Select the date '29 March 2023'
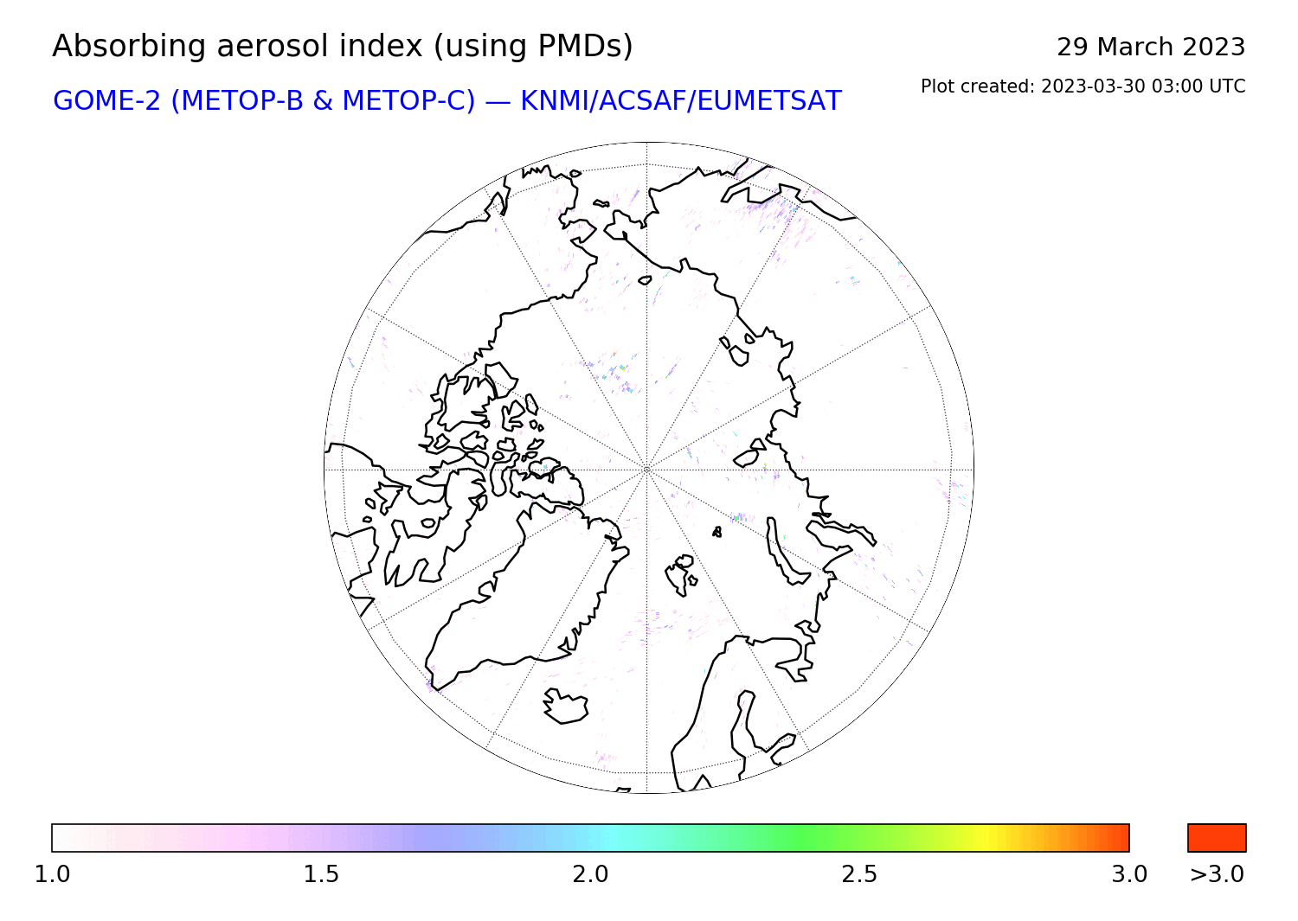tap(1151, 47)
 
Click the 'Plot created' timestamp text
tap(1083, 86)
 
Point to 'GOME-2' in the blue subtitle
tap(106, 101)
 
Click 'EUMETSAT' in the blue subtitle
tap(769, 101)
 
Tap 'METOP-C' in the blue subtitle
tap(408, 101)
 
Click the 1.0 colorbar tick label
tap(52, 874)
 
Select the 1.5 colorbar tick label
tap(321, 874)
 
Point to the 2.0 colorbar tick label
tap(590, 874)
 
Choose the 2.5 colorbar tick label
tap(859, 874)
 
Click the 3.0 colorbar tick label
tap(1128, 874)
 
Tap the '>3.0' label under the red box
tap(1217, 874)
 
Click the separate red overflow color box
tap(1217, 838)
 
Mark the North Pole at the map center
tap(646, 470)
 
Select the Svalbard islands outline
tap(680, 574)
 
